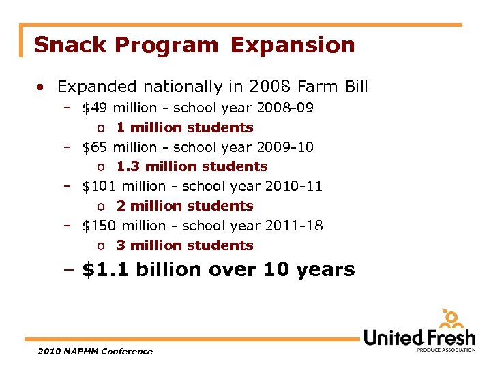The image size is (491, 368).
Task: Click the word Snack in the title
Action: click(x=71, y=45)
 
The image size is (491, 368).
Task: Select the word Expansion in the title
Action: click(x=293, y=45)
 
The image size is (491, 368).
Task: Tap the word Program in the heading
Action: click(x=167, y=45)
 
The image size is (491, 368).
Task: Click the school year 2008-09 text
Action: click(x=243, y=108)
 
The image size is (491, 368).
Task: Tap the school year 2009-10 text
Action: click(x=243, y=147)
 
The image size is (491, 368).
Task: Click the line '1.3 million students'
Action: click(x=192, y=166)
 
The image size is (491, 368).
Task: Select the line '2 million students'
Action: click(x=184, y=206)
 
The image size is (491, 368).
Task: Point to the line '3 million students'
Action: click(x=184, y=245)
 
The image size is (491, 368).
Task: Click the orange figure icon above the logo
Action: click(x=451, y=319)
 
